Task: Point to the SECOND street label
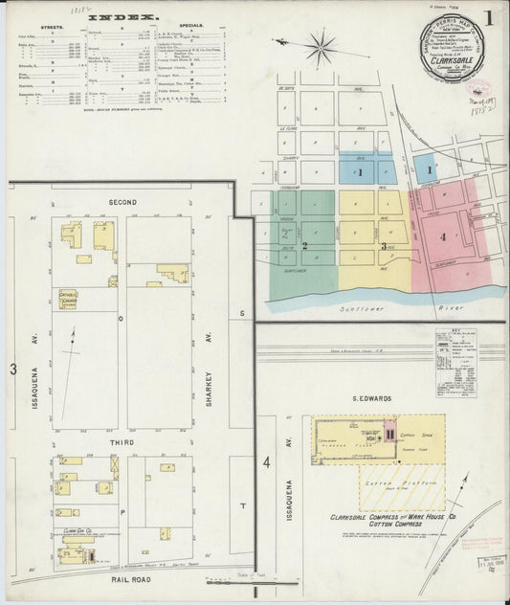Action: (122, 202)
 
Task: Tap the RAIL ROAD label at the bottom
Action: (122, 577)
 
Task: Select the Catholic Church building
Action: (68, 299)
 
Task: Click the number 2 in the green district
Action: (304, 246)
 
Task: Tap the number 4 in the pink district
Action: (443, 235)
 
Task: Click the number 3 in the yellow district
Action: (384, 246)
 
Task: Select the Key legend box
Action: (455, 364)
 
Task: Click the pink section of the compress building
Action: (389, 434)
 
